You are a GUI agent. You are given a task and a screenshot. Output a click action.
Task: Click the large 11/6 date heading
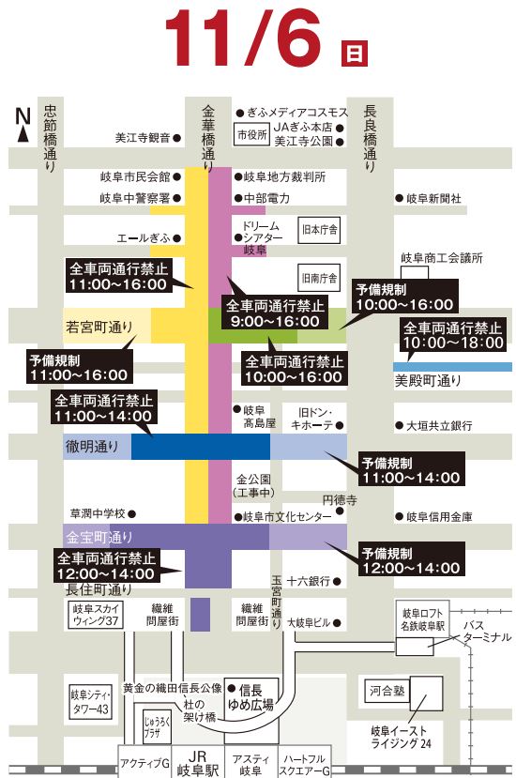coord(243,38)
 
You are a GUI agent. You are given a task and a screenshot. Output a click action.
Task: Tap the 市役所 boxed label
coord(251,134)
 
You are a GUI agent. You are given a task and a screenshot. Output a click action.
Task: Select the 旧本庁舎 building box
coord(319,230)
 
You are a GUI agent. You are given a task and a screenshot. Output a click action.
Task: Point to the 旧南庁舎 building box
coord(319,278)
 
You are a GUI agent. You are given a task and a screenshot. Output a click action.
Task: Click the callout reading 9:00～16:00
coord(276,313)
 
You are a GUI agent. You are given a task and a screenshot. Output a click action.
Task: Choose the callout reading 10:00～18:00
coord(453,335)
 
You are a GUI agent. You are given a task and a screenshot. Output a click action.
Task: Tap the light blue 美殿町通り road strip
coord(452,367)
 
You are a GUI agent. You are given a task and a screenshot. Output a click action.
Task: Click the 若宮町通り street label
coord(99,327)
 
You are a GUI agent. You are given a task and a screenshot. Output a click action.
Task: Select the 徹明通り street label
coord(92,447)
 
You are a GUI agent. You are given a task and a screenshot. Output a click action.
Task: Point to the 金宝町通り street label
coord(99,537)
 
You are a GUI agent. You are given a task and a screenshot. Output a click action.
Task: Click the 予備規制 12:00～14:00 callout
coord(411,559)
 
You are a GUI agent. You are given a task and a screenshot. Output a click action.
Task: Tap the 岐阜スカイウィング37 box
coord(96,615)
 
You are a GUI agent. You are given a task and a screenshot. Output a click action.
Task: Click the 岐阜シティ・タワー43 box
coord(91,702)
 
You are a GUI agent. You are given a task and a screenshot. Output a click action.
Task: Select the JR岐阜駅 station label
coord(197,764)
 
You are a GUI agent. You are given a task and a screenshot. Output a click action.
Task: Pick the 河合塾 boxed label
coord(387,690)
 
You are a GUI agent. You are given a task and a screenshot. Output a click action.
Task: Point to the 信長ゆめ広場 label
coord(250,697)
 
